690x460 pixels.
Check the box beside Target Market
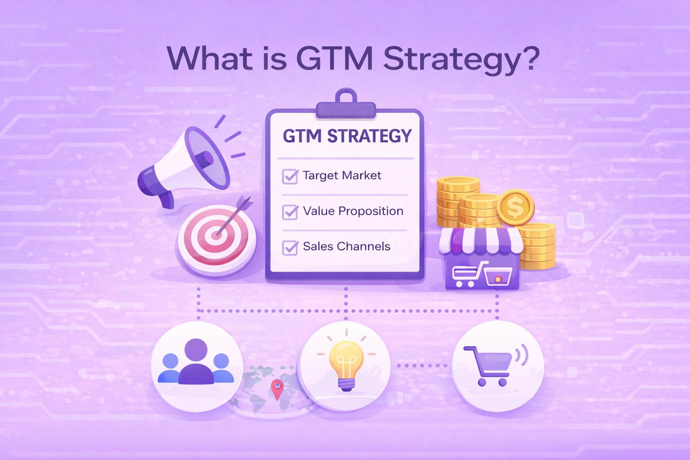[x=289, y=176]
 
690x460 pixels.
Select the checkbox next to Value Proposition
[x=289, y=212]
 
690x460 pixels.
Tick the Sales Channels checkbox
[x=289, y=248]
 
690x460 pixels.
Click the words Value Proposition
[x=353, y=211]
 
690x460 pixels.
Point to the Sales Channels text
[x=347, y=247]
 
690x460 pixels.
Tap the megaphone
[x=178, y=162]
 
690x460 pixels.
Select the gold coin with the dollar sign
[x=515, y=208]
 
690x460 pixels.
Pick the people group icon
[x=195, y=363]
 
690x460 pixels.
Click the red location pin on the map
[x=278, y=390]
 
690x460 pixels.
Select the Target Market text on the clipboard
[x=342, y=175]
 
